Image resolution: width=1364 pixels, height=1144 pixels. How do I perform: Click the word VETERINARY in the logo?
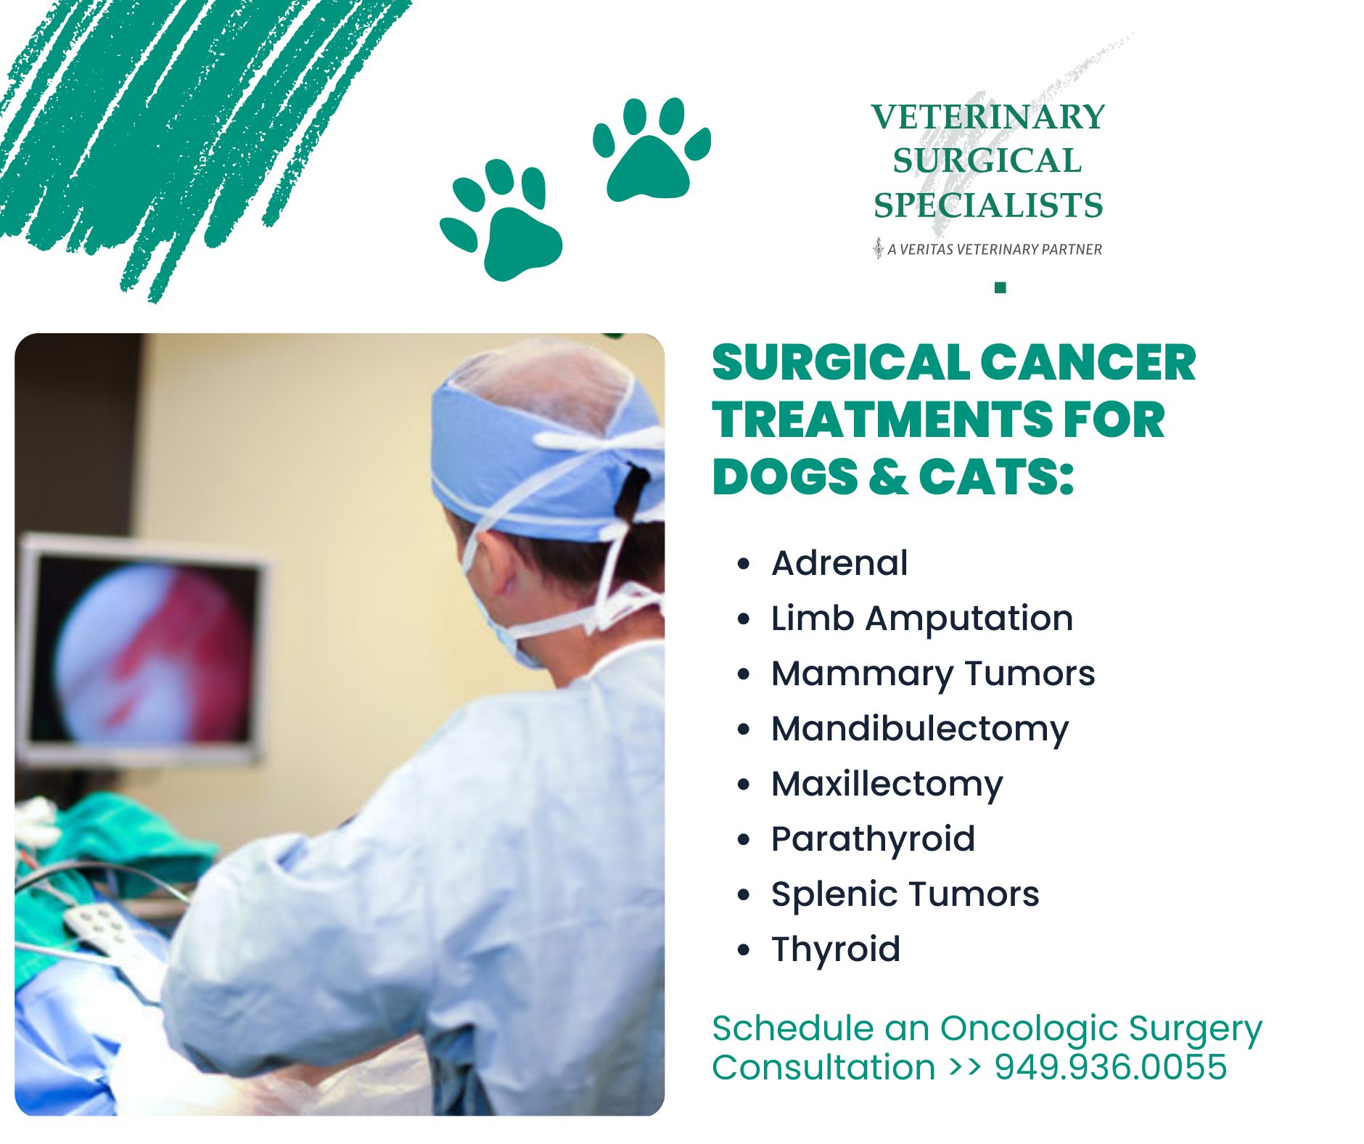click(987, 117)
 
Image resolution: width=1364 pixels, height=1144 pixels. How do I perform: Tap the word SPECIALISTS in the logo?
click(987, 205)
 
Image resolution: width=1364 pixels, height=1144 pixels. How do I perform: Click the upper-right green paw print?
click(652, 149)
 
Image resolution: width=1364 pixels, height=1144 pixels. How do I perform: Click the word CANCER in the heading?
click(1088, 363)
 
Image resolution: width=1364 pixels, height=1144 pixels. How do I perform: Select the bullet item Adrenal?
click(839, 563)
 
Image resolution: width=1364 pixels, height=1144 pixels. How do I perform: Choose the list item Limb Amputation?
click(922, 618)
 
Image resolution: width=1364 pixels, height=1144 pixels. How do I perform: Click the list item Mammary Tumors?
click(933, 674)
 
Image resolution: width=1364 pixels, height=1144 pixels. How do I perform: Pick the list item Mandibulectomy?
click(920, 729)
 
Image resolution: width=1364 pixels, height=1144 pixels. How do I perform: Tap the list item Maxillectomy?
click(887, 784)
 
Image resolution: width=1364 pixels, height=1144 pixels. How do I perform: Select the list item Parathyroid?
click(873, 839)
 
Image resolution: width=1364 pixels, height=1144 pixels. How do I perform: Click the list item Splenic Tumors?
click(905, 894)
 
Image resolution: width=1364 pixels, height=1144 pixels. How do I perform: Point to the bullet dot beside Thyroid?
click(743, 949)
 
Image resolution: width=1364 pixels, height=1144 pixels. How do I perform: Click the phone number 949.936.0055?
click(1110, 1067)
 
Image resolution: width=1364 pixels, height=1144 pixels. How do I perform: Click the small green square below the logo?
click(1001, 287)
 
